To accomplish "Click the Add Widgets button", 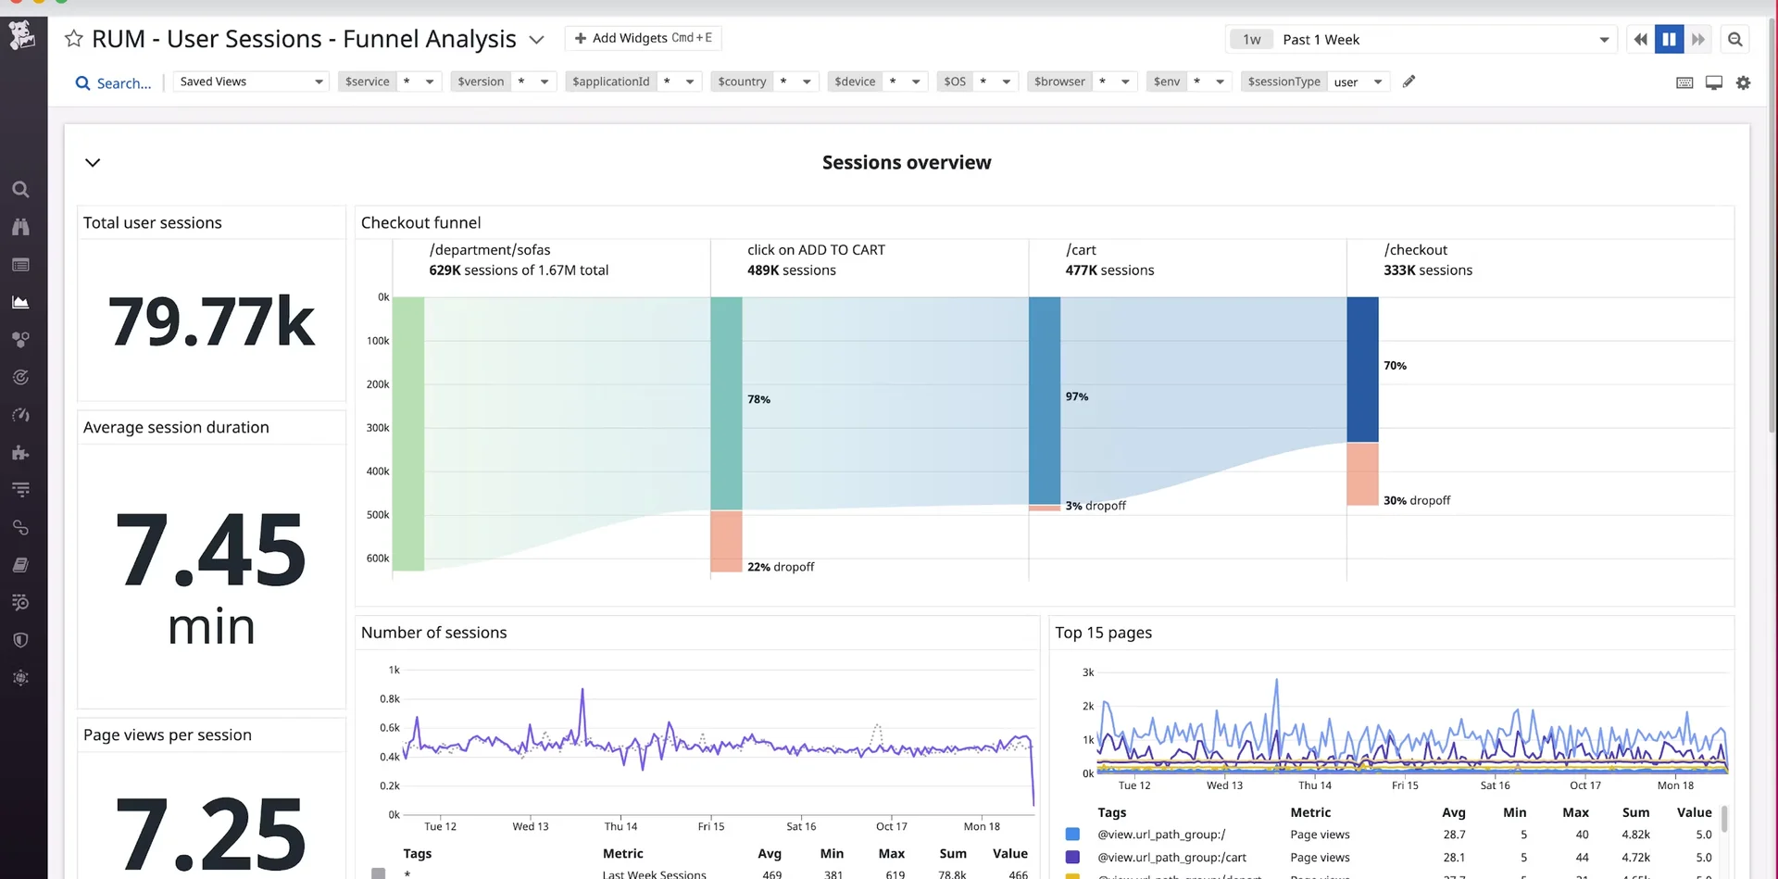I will click(x=643, y=38).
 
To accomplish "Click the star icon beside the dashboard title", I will click(x=74, y=39).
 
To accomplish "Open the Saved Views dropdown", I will click(x=251, y=82).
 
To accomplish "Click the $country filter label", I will click(x=742, y=82).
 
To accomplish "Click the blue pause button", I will click(x=1669, y=39).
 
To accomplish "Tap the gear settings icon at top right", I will click(x=1743, y=82).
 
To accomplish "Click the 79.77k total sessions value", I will click(x=211, y=321).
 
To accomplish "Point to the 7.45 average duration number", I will click(x=211, y=551).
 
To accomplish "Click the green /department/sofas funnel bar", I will click(x=408, y=433).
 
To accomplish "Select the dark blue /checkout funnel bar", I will click(x=1362, y=370).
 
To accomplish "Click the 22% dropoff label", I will click(x=781, y=567).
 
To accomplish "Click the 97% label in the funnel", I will click(x=1076, y=396).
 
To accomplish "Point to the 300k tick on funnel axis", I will click(x=378, y=428).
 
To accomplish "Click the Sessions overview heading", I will click(x=906, y=163).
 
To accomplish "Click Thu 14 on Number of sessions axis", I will click(x=620, y=826).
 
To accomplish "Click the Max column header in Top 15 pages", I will click(x=1574, y=812).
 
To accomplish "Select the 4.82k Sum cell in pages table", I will click(x=1634, y=835).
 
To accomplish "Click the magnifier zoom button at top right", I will click(x=1734, y=39).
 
